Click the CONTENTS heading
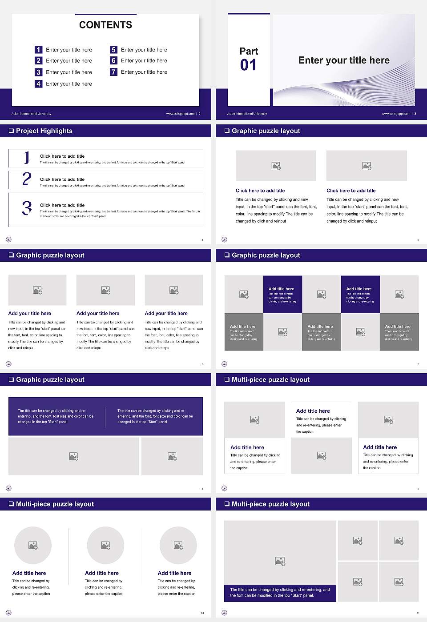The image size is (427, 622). [105, 25]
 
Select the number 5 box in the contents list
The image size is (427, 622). [113, 50]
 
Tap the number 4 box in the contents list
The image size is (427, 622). [39, 84]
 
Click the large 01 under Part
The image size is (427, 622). [248, 65]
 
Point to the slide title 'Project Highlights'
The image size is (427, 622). [44, 131]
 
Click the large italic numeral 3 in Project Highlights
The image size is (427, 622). [27, 208]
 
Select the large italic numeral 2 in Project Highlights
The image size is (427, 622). [27, 179]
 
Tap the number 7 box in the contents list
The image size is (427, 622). [113, 72]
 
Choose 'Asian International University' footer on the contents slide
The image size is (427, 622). [31, 114]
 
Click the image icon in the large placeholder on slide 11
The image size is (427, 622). [280, 562]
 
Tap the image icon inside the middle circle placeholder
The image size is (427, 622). [105, 545]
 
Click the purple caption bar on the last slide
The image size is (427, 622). [280, 593]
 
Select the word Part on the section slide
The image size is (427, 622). [249, 51]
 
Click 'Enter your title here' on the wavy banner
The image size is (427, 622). [344, 60]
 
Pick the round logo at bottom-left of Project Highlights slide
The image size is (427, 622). [8, 239]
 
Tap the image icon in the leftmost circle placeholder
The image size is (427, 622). [33, 545]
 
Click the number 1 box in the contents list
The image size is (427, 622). [39, 50]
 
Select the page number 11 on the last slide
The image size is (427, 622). [418, 613]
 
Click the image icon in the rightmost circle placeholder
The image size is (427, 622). [178, 545]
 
